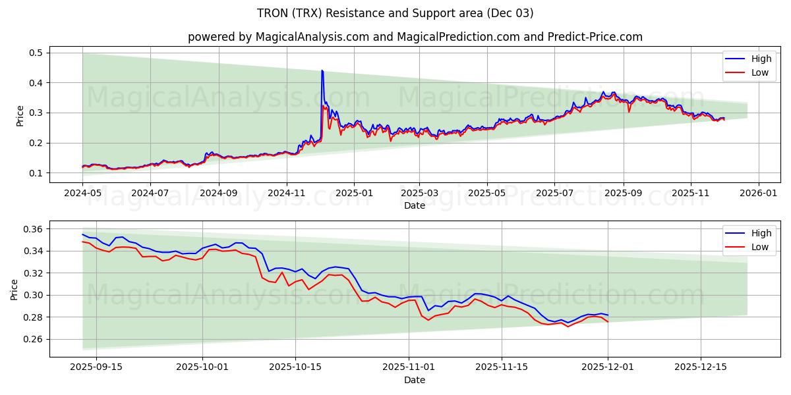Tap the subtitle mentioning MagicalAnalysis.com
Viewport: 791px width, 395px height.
415,37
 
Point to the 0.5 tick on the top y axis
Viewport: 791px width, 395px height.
36,53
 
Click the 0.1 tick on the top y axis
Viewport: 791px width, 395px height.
36,173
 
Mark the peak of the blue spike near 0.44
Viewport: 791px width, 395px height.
322,70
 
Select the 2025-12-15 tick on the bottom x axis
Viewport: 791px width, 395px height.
700,367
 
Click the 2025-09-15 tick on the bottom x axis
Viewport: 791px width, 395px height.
96,367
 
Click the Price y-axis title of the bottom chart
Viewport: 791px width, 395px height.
15,289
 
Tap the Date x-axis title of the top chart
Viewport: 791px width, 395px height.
415,205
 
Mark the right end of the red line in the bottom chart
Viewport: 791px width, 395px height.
607,321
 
